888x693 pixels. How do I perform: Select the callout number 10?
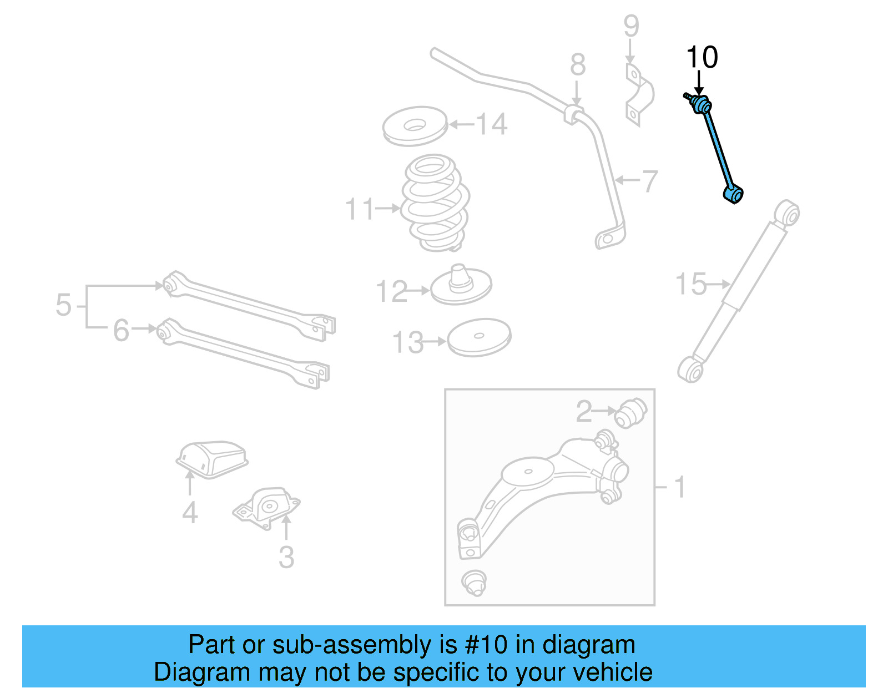tap(702, 58)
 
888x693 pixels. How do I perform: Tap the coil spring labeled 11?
tap(435, 203)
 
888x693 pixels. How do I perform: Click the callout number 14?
tap(491, 124)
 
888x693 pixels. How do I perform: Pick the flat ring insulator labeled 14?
tap(415, 127)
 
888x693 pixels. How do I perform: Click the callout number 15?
tap(690, 284)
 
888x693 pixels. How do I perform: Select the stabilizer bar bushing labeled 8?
tap(575, 114)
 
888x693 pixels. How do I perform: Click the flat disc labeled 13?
tap(478, 337)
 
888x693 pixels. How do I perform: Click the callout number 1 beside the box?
tap(679, 488)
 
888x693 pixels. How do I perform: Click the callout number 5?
tap(64, 306)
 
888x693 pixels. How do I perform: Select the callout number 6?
tap(121, 331)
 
